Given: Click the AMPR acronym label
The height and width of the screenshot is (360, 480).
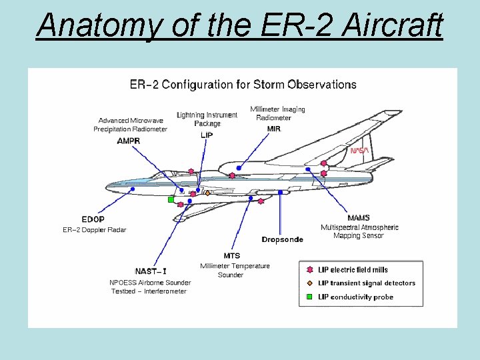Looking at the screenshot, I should coord(129,141).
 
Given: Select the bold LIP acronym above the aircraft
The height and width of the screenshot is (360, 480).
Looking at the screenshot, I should coord(207,135).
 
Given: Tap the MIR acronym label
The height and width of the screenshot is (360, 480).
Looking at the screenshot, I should coord(273,129).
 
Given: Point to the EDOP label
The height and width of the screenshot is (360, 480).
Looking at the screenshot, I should coord(93,219).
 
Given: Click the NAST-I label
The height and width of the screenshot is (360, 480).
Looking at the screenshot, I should coord(151,271).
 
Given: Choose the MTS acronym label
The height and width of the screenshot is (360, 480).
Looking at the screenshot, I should coord(232,256).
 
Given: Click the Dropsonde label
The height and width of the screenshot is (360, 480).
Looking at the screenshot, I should coord(282,239).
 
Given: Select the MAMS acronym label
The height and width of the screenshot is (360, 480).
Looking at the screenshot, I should coord(359,218).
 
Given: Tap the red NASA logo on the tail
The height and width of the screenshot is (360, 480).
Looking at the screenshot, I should coord(359,151).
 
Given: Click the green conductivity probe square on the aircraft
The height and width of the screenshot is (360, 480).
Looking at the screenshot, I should coord(171,199).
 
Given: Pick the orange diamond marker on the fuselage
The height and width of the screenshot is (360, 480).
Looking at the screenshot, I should coord(207,193).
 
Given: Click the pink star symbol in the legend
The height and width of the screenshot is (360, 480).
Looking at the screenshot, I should coord(309,270).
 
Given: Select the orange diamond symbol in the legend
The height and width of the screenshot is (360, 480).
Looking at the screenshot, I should coord(309,283).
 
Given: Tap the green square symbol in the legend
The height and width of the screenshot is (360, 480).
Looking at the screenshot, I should coord(309,297).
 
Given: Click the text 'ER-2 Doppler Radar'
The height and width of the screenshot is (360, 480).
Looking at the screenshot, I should coord(94,230).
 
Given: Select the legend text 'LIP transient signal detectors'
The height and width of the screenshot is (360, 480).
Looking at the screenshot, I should coord(367,283).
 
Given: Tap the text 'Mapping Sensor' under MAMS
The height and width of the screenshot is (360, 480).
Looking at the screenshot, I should coord(359,235).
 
